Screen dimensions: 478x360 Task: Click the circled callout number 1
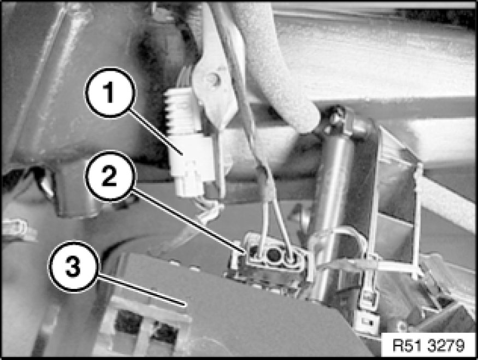coord(110,92)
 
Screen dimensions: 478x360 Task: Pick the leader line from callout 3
coord(142,290)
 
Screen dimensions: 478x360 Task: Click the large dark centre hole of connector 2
coord(273,254)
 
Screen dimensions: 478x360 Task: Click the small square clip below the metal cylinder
coord(368,322)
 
